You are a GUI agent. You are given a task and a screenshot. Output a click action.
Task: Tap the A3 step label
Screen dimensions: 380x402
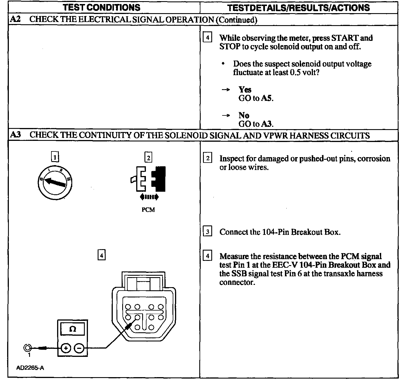(x=15, y=135)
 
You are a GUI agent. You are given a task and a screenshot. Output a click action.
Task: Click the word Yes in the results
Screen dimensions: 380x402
(x=245, y=90)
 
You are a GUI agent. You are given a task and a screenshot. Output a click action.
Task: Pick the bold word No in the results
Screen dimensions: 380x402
(x=244, y=115)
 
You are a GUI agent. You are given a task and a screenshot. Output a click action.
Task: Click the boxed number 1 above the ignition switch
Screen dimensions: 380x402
(x=55, y=157)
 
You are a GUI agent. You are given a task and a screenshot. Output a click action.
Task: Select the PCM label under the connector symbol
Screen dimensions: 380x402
(x=148, y=210)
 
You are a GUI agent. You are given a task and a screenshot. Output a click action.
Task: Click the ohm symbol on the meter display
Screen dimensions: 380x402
(x=73, y=329)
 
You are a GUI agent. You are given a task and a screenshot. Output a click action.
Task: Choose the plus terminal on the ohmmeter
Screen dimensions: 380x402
(x=66, y=348)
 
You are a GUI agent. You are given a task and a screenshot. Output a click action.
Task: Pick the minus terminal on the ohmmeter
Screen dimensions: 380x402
(x=79, y=348)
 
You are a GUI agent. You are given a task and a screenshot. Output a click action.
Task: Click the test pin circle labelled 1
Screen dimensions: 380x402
(x=27, y=348)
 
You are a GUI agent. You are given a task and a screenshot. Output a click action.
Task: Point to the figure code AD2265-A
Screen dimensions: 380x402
(x=30, y=368)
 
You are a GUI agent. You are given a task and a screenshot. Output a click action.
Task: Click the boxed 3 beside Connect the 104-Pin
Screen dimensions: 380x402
(x=208, y=231)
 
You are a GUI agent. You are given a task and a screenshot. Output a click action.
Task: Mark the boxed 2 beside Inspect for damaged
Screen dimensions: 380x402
(x=208, y=158)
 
